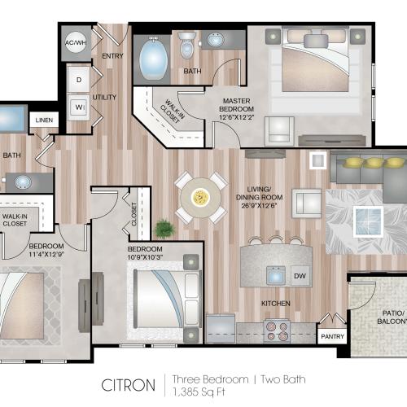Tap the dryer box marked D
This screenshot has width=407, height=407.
coord(79,80)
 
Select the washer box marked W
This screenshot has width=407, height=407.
coord(79,107)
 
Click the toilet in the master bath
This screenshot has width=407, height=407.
coord(186,48)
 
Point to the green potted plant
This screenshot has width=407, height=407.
coord(165,228)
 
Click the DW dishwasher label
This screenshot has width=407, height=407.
coord(299,277)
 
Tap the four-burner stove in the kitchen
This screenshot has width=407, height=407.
coord(278,331)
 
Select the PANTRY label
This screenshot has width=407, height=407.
coord(332,336)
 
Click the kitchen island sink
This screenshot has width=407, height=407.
coord(276,275)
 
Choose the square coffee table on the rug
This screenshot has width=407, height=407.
coord(368,218)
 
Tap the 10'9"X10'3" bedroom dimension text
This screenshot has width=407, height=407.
coord(146,258)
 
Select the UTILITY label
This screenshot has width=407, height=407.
coord(105,97)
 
